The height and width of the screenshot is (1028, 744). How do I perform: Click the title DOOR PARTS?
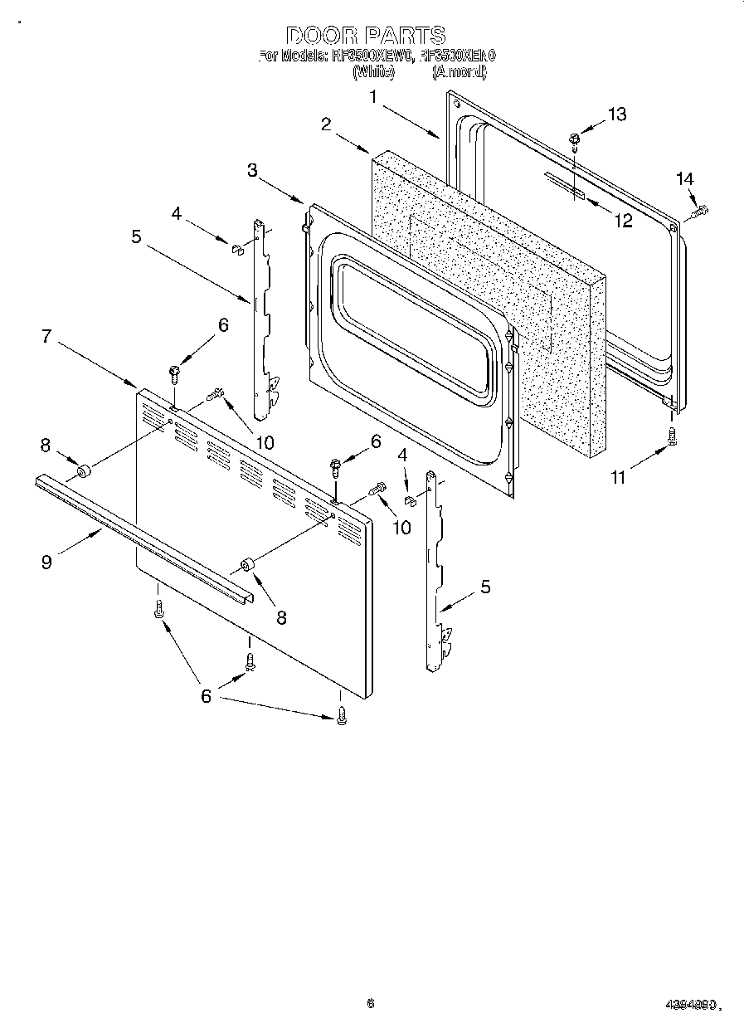tap(366, 36)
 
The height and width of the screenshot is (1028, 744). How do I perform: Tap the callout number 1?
tap(374, 96)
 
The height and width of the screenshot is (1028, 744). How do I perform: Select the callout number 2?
tap(327, 124)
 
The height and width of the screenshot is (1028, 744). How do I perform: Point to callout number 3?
tap(252, 170)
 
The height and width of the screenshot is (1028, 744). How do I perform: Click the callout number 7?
tap(46, 336)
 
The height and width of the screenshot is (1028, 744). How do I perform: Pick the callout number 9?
tap(46, 562)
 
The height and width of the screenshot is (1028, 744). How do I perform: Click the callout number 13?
tap(617, 114)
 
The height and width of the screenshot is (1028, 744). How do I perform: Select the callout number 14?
tap(684, 178)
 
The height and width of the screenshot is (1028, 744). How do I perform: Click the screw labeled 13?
tap(574, 141)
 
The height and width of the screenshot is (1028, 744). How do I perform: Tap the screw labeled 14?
tap(698, 212)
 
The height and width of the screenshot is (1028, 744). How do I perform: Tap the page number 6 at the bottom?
tap(370, 1003)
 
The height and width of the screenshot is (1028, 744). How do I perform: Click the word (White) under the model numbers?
tap(372, 72)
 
